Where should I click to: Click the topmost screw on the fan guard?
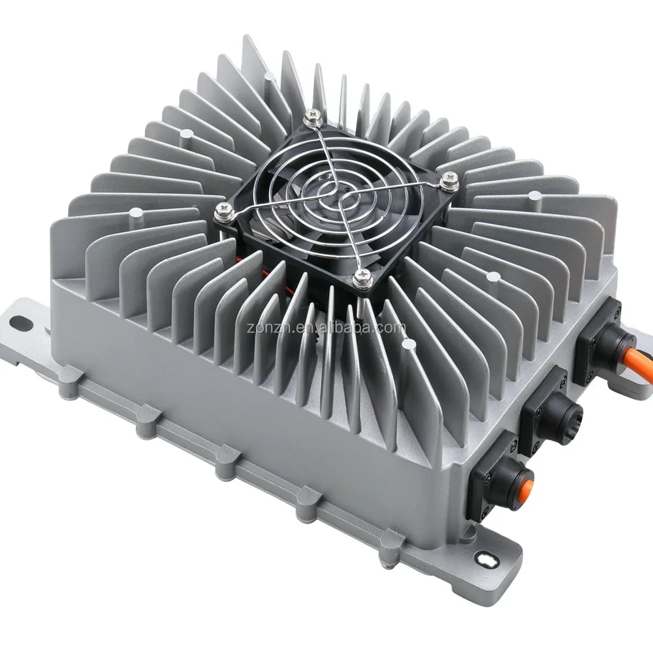[316, 116]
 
